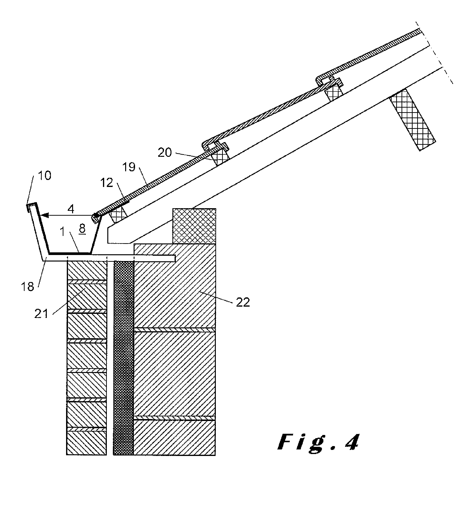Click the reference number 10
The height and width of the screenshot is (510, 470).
[x=45, y=176]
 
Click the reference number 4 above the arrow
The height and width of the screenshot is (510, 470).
[x=71, y=209]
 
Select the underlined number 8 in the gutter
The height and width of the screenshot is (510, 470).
[x=82, y=228]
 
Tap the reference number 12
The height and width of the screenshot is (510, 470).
[x=107, y=183]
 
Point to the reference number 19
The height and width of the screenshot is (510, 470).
[x=129, y=167]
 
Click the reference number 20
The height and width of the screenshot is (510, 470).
[x=165, y=152]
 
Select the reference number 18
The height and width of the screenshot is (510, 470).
[x=27, y=287]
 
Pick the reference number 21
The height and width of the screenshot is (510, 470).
[x=41, y=314]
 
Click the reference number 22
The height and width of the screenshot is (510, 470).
[x=243, y=302]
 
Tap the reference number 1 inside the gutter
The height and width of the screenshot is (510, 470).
[x=62, y=232]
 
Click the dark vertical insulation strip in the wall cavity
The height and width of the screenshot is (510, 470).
[x=124, y=356]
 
